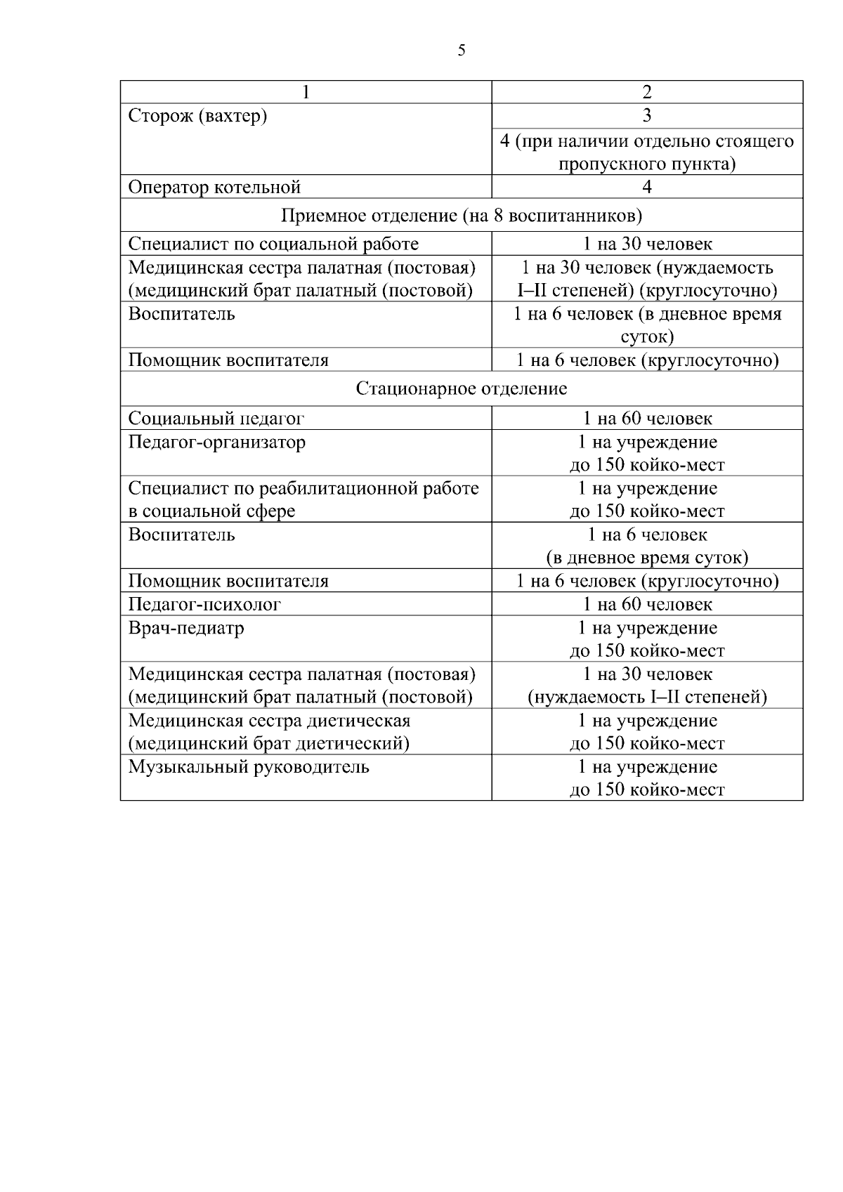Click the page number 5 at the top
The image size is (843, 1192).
pos(461,51)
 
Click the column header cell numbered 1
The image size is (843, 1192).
pos(306,92)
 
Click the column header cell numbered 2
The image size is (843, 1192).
pos(647,92)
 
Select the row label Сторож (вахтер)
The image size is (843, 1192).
pos(197,116)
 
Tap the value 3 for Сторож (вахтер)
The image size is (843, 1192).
pos(647,116)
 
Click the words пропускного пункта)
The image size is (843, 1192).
pos(647,164)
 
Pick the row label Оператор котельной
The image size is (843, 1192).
pos(214,187)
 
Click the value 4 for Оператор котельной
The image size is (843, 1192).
pos(647,187)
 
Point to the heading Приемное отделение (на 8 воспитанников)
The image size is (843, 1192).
pos(461,215)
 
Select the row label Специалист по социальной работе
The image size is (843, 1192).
pos(273,244)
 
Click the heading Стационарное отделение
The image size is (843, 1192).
pos(461,388)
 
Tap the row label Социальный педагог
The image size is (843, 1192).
pos(216,419)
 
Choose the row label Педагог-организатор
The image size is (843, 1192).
pos(217,442)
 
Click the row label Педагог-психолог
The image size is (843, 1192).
pos(204,604)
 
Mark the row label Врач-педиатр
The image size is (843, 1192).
pos(186,627)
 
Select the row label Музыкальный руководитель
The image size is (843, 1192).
pos(249,766)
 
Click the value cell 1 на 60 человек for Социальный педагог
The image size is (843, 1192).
pos(647,419)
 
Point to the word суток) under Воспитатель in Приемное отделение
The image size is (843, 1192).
pos(647,337)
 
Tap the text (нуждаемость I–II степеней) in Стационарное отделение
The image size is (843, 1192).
pos(647,697)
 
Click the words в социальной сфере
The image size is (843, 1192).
pos(211,511)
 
